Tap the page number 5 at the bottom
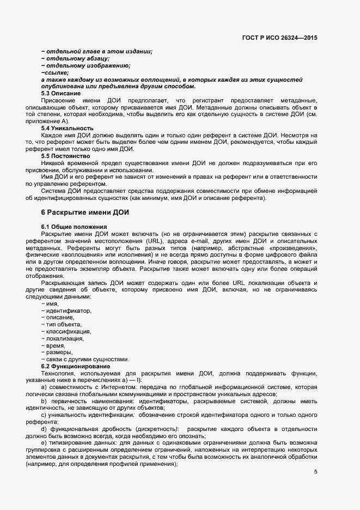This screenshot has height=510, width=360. point(316,471)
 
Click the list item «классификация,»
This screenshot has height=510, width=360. point(68,331)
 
